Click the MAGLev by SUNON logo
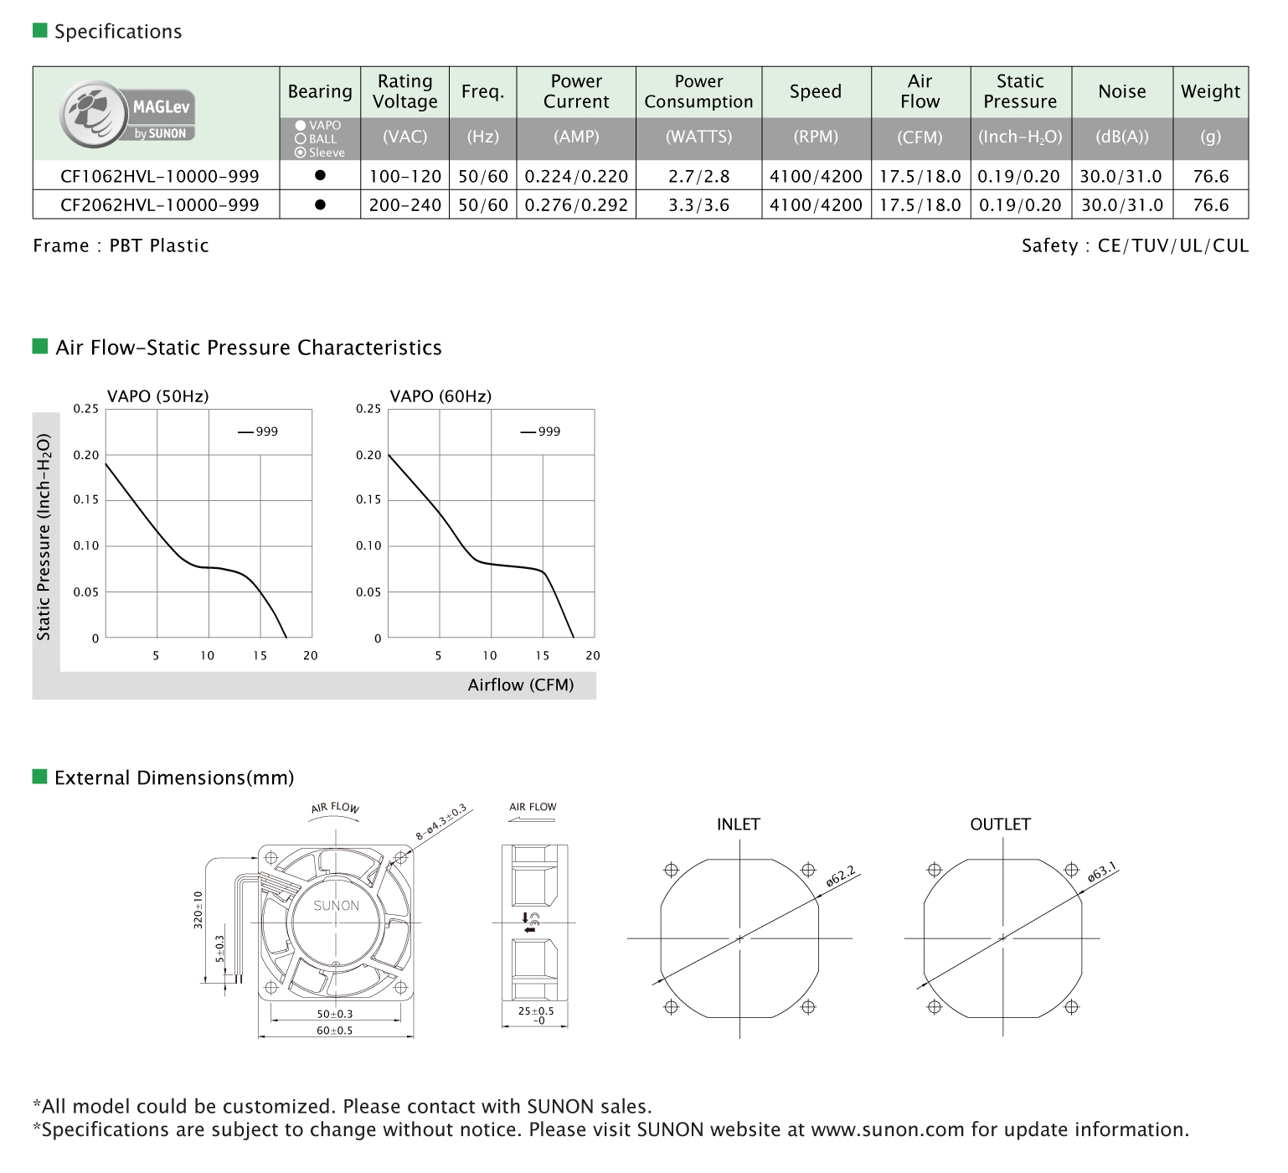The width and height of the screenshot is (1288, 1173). coord(127,115)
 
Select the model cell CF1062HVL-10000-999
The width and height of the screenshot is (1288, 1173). coord(159,177)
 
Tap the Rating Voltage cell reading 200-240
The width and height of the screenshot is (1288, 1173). coord(404,205)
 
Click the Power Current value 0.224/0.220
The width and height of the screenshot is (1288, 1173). coord(576,177)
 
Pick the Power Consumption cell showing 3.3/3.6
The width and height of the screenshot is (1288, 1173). coord(698,205)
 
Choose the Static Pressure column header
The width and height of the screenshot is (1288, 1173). coord(1020,91)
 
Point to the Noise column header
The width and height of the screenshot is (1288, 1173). coord(1121,91)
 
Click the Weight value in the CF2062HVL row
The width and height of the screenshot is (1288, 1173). coord(1210,205)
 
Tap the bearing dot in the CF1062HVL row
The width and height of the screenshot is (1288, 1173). coord(320,176)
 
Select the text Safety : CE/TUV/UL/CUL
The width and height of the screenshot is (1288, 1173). coord(1134,246)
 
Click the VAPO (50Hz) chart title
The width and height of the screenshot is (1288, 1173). coord(157,396)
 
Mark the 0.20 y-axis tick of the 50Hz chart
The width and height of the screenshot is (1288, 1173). coord(85,455)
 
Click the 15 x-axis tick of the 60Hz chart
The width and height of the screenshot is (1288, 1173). coord(543,656)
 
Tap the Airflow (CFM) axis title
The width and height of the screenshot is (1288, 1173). coord(520,685)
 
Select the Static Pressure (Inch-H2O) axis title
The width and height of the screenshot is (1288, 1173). coord(44,536)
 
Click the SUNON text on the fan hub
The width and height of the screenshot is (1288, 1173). coord(336,906)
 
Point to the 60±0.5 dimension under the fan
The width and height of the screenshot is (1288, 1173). coord(334,1031)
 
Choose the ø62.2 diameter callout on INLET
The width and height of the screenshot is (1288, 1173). coord(841,876)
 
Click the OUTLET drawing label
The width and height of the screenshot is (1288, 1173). coord(1000,824)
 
